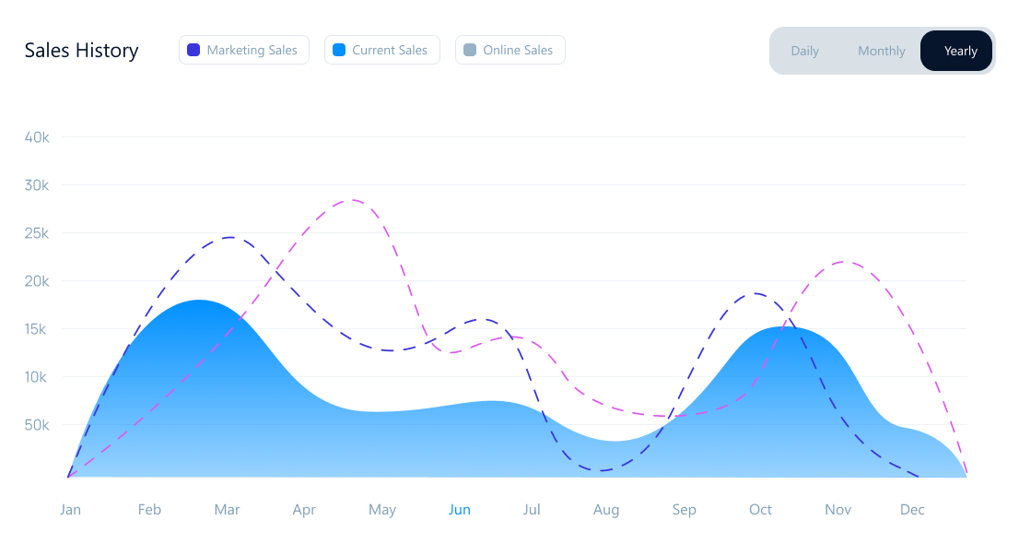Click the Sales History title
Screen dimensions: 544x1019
(x=81, y=51)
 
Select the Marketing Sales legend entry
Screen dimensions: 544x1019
(x=243, y=50)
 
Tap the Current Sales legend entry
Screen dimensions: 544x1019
(x=381, y=50)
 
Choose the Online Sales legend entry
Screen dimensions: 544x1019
(x=509, y=50)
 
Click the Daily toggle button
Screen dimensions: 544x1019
(x=804, y=51)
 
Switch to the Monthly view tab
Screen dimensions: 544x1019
(x=881, y=51)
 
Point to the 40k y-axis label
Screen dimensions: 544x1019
(x=37, y=137)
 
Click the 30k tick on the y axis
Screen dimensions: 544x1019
(x=37, y=185)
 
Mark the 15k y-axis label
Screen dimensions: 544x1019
(x=37, y=329)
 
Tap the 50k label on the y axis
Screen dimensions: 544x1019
(x=37, y=425)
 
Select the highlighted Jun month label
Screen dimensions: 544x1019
(x=459, y=510)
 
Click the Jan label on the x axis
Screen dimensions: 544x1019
(x=70, y=510)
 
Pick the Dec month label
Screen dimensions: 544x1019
(x=912, y=510)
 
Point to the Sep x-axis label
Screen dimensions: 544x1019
(x=684, y=510)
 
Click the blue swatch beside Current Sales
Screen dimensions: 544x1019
(x=338, y=50)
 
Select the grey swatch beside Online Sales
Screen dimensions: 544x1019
(x=469, y=50)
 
